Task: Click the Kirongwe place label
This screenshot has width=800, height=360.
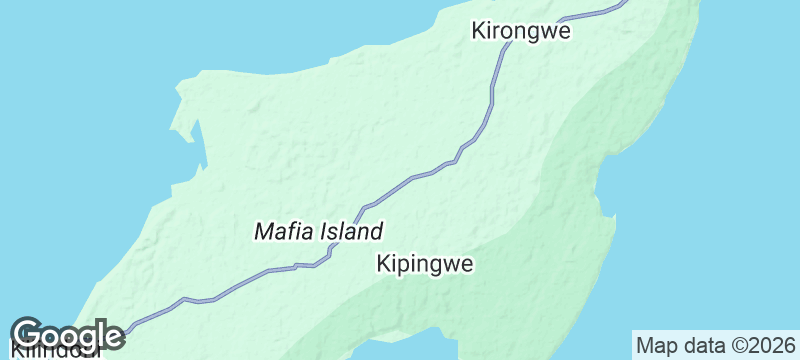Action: [520, 31]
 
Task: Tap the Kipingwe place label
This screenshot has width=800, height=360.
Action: [424, 264]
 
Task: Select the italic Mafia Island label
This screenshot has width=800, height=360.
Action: [319, 232]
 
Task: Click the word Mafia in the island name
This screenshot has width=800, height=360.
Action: [284, 232]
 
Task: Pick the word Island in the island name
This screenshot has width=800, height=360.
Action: [351, 232]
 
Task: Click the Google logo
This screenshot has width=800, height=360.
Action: [66, 334]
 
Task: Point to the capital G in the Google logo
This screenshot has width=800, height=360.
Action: [27, 334]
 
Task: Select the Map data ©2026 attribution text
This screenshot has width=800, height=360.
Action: [715, 345]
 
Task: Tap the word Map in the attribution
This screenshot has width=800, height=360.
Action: [656, 346]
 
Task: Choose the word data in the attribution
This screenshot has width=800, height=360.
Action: [699, 345]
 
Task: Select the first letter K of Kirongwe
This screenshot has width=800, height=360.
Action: [478, 31]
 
